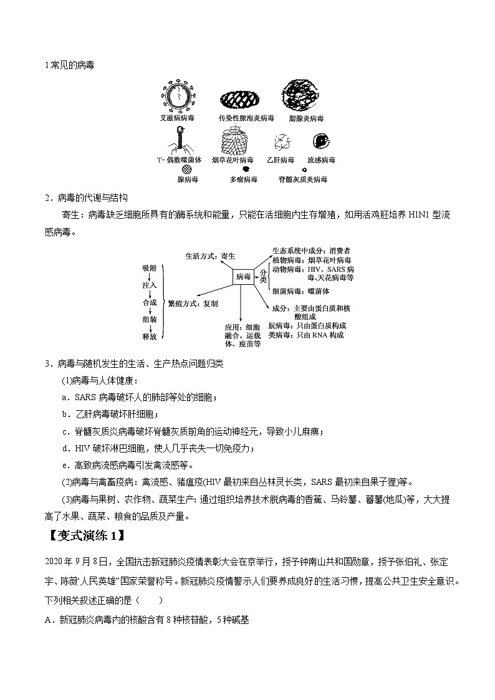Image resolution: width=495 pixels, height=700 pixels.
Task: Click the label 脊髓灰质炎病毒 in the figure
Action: click(x=303, y=180)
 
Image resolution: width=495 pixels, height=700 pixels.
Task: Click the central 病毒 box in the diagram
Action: click(x=243, y=276)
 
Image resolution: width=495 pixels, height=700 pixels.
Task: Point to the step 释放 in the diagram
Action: click(x=149, y=336)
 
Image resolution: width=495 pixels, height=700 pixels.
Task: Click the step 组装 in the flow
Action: click(x=149, y=319)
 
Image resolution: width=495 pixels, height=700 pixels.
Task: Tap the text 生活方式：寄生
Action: click(x=210, y=256)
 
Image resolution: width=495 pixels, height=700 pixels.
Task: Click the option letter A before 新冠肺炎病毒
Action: click(x=47, y=620)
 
